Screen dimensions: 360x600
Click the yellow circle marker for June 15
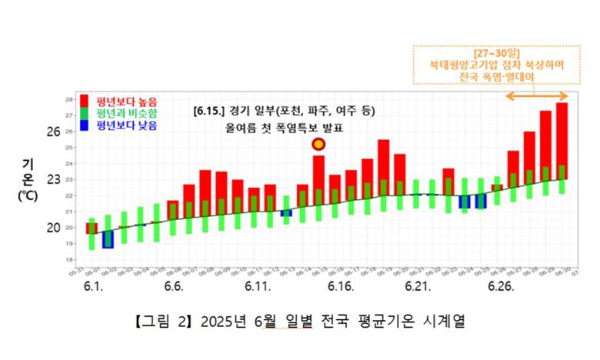click(318, 145)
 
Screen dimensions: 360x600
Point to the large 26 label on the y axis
click(53, 132)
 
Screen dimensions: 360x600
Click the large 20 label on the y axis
click(53, 227)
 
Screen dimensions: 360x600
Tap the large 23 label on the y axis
click(53, 179)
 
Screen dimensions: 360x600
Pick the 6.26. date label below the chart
click(500, 286)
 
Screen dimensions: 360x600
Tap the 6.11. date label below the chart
click(258, 286)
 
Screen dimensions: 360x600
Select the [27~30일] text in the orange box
click(496, 53)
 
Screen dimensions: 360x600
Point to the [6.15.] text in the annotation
click(209, 111)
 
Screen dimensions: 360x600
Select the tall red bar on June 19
click(383, 162)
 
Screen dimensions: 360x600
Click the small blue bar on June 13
click(286, 213)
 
